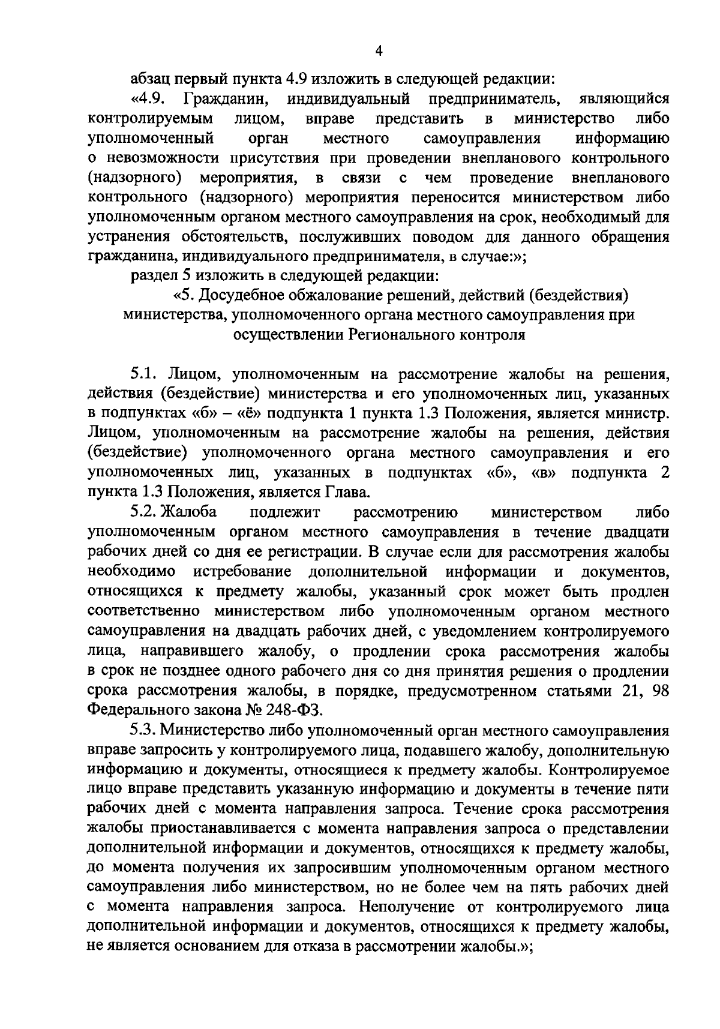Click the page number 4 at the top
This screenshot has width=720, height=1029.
378,52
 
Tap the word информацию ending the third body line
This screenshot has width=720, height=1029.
622,139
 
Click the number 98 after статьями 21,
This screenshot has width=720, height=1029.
660,690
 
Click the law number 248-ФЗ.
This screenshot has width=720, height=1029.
294,710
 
